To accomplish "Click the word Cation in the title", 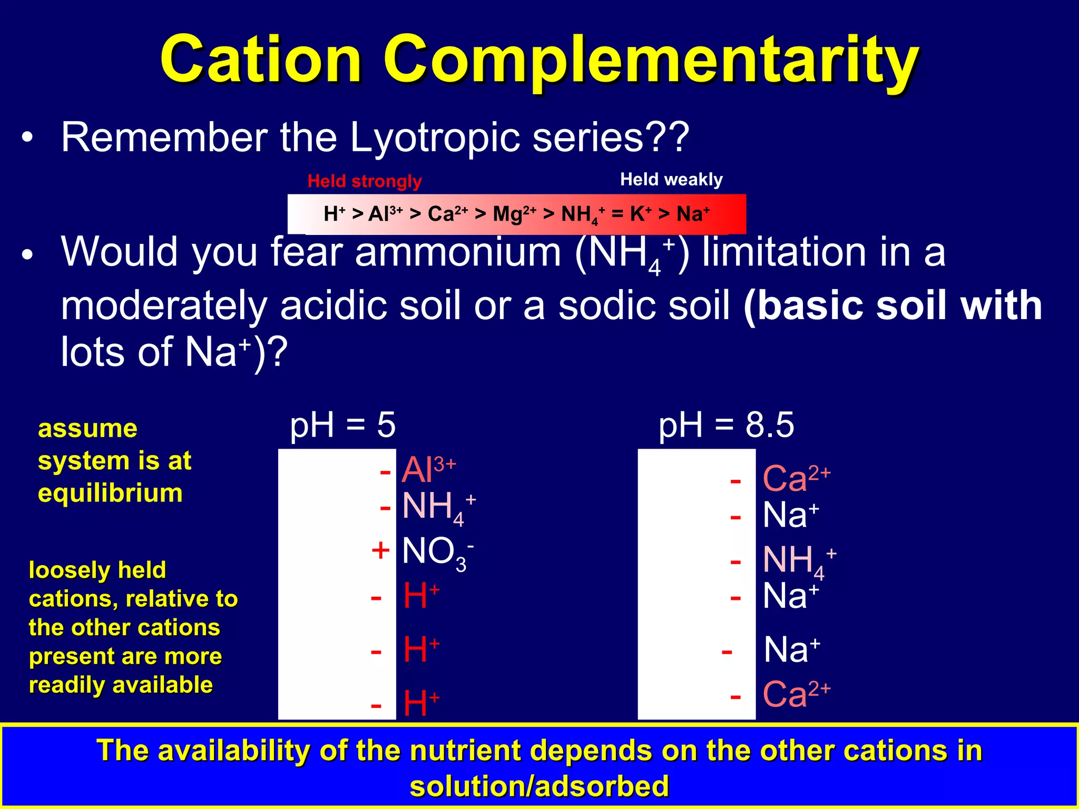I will tap(261, 59).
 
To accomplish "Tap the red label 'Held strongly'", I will tap(365, 181).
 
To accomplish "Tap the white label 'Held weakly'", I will tap(671, 180).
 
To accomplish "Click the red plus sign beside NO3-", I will tap(380, 551).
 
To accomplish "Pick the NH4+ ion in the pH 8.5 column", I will tap(798, 560).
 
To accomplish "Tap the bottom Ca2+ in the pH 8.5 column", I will tap(796, 694).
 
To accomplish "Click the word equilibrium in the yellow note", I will tap(110, 494).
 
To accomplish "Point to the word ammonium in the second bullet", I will tap(458, 253).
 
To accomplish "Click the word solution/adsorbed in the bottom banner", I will tap(539, 786).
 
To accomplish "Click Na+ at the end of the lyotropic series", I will tap(693, 214).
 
